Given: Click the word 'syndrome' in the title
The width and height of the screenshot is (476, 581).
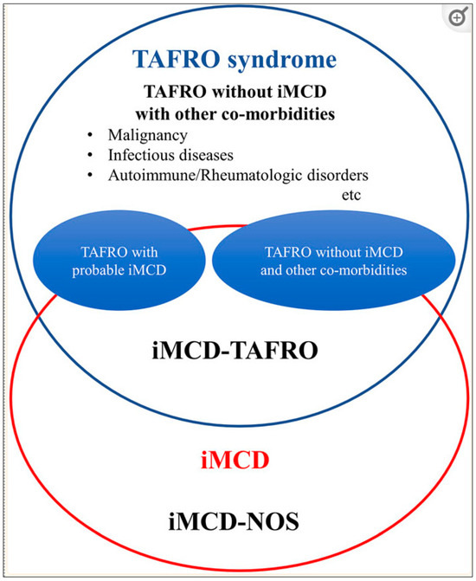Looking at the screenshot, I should (286, 60).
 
